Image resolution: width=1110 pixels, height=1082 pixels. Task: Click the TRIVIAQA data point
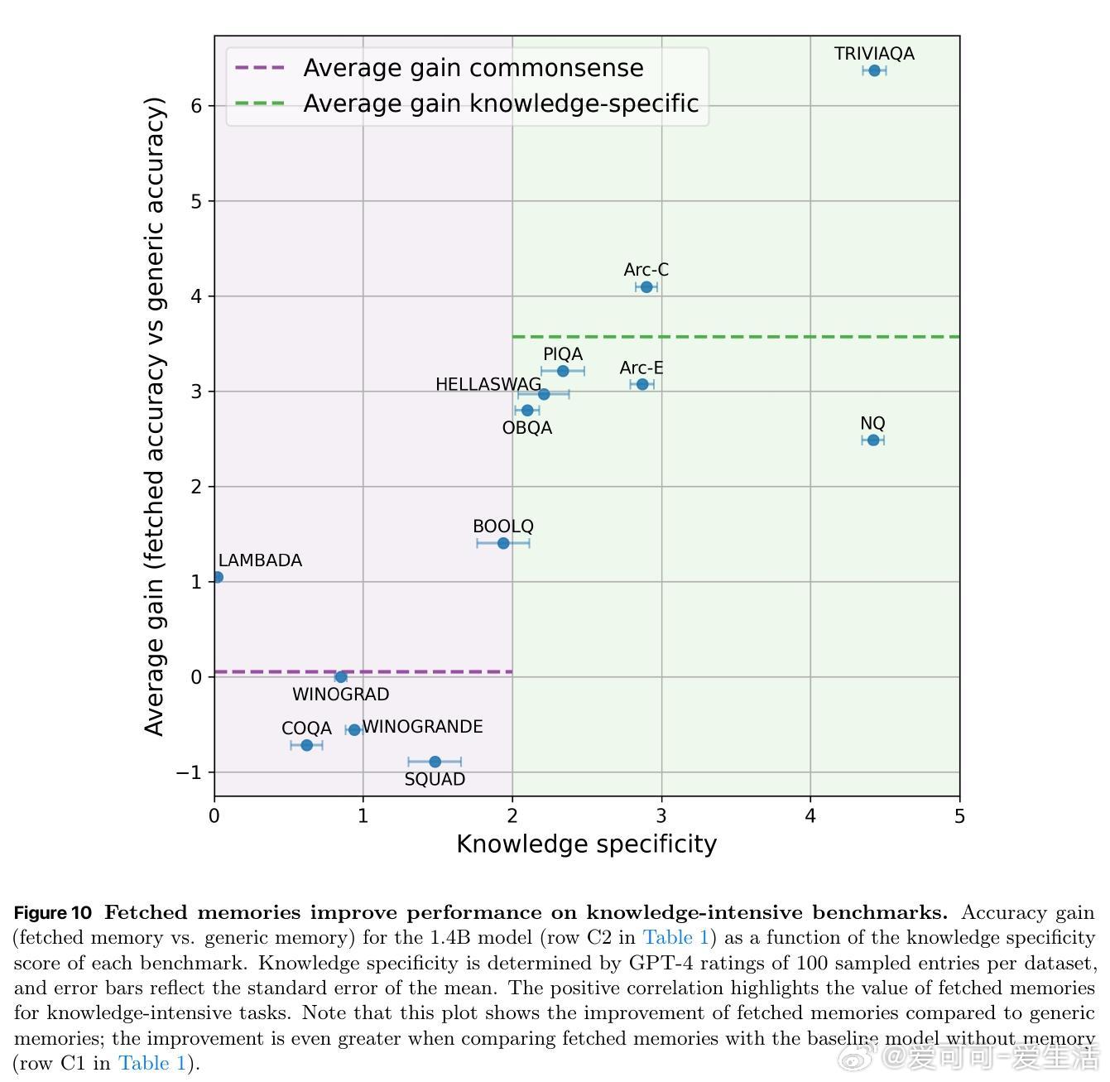tap(874, 70)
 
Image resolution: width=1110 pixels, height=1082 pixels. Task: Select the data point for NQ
tap(873, 440)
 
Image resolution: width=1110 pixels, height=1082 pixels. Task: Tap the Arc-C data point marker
tap(646, 287)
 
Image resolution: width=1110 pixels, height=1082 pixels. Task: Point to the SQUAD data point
tap(435, 762)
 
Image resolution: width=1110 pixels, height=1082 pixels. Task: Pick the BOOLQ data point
tap(503, 543)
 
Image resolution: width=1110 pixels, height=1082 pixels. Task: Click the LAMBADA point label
tap(260, 560)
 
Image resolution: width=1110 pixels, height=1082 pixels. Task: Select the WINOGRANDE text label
tap(422, 727)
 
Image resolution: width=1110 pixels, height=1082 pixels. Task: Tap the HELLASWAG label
tap(488, 384)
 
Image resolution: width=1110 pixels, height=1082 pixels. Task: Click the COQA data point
tap(306, 745)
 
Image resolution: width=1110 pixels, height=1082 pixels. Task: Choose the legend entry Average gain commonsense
tap(473, 68)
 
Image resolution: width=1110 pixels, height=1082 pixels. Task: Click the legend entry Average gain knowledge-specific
tap(501, 103)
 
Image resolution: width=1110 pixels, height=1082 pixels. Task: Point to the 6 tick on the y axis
tap(197, 106)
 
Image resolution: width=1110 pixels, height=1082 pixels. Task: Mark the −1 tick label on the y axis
tap(190, 772)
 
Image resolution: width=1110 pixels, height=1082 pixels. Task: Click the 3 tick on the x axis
tap(661, 816)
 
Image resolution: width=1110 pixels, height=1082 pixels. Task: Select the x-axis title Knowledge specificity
tap(586, 844)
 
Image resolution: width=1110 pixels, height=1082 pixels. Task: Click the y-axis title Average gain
tap(155, 416)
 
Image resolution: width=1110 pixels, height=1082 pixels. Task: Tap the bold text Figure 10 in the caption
tap(53, 913)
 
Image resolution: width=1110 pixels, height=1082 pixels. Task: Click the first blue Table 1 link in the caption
tap(676, 938)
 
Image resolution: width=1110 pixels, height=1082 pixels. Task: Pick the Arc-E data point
tap(642, 384)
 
